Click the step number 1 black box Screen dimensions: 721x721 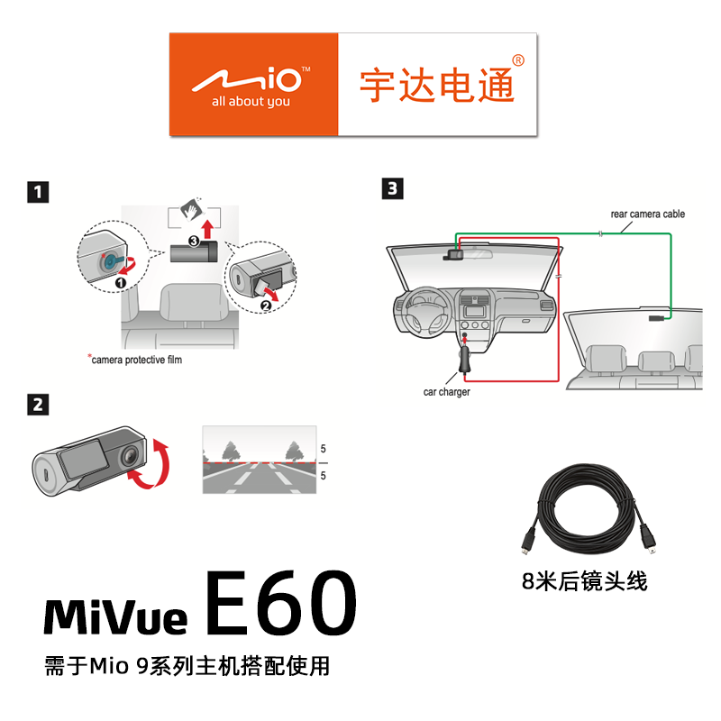coord(38,192)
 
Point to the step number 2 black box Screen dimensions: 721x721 coord(38,405)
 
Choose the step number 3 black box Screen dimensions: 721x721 coord(393,189)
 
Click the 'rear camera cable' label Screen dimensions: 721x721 coord(647,214)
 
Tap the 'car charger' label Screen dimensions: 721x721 coord(446,392)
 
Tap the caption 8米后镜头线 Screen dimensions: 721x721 coord(585,580)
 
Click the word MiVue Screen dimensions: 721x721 coord(115,616)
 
